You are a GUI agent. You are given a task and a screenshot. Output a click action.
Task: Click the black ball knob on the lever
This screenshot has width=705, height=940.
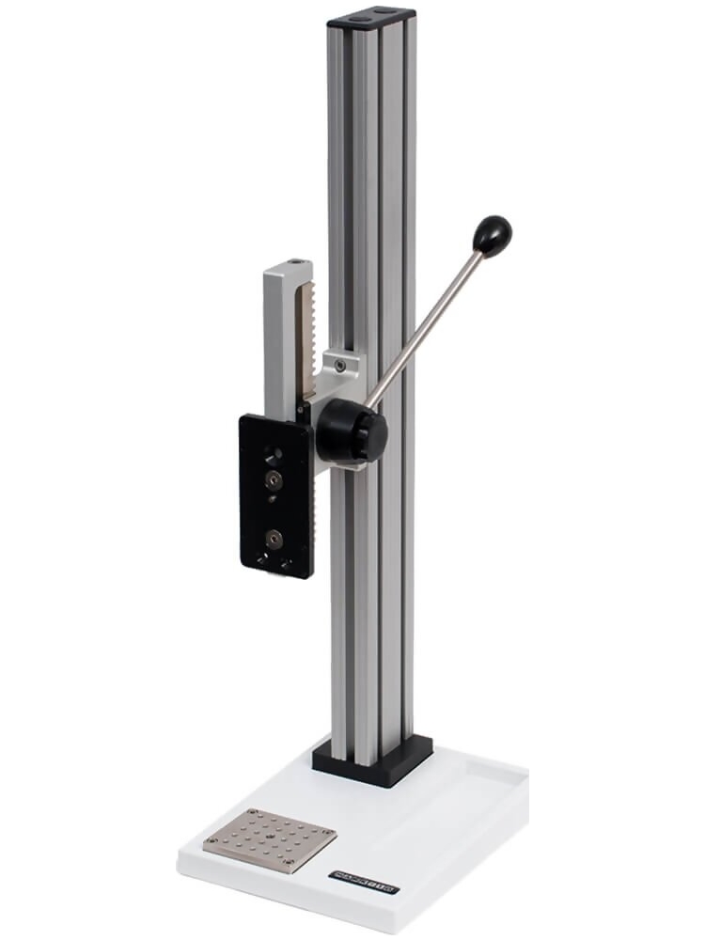(x=492, y=235)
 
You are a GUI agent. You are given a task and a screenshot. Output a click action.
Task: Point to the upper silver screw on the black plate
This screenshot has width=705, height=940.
(x=274, y=479)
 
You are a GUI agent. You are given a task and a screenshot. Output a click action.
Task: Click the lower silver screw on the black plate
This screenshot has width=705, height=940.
(x=274, y=538)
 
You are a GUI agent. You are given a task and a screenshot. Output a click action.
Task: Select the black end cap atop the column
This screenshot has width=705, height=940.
(x=370, y=17)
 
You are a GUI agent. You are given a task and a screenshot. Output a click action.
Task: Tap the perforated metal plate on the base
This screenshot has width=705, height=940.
(x=270, y=840)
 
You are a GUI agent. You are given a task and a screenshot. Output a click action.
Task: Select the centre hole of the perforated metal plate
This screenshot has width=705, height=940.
(x=270, y=839)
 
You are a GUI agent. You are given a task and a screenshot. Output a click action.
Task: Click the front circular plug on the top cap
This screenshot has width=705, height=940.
(x=360, y=17)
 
